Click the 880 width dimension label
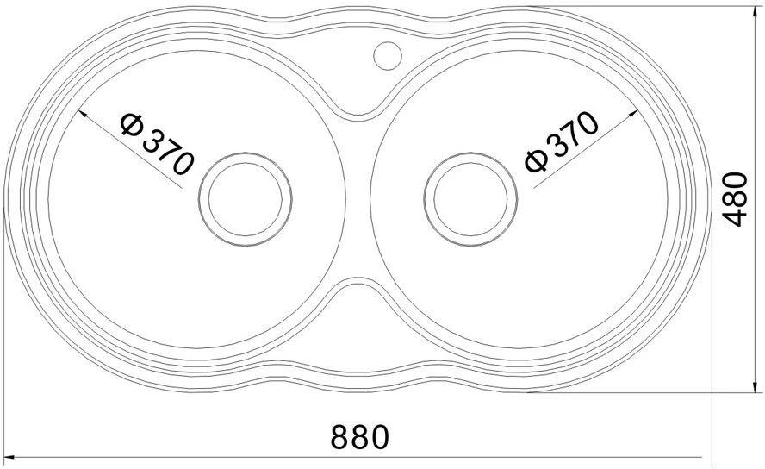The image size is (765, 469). pos(359,437)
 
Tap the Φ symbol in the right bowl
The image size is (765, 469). pos(535,161)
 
